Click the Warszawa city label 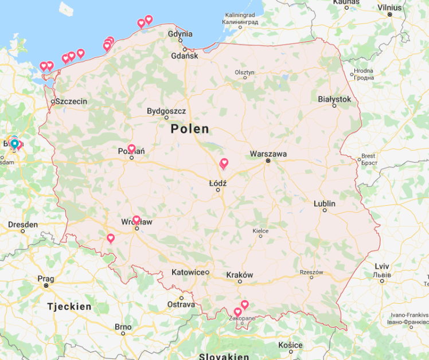click(268, 154)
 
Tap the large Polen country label click(190, 129)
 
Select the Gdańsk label click(184, 56)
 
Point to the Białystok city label click(334, 99)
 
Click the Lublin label click(325, 204)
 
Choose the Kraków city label click(239, 275)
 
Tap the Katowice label click(189, 272)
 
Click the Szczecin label click(71, 101)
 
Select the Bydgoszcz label click(166, 111)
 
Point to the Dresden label click(23, 224)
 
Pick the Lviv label click(381, 266)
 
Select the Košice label click(290, 345)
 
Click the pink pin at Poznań click(131, 148)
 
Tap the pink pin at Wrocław click(136, 220)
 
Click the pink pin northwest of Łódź click(224, 163)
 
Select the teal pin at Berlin click(14, 143)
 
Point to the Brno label click(123, 327)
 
